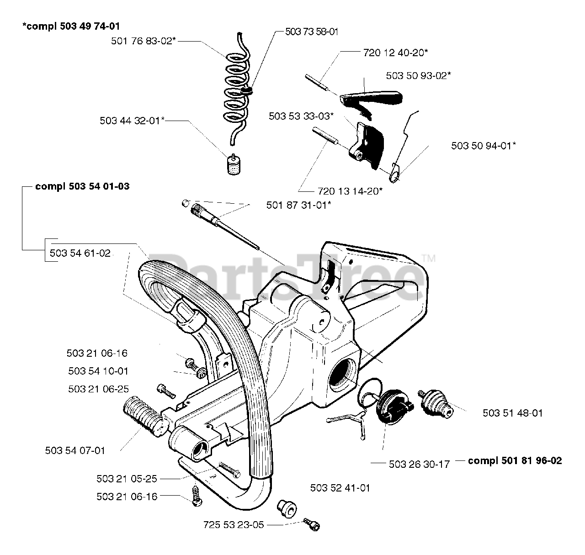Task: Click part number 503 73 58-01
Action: coord(312,32)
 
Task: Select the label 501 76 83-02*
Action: coord(144,41)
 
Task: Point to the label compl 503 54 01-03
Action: coord(82,186)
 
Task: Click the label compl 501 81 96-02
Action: coord(515,460)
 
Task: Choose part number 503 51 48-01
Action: coord(512,413)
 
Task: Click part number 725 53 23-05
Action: coord(234,525)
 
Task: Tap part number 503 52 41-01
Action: coord(340,488)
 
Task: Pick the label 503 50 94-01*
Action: coord(484,146)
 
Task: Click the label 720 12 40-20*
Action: coord(395,53)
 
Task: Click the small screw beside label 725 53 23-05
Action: coord(312,524)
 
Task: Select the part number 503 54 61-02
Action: coord(80,253)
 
